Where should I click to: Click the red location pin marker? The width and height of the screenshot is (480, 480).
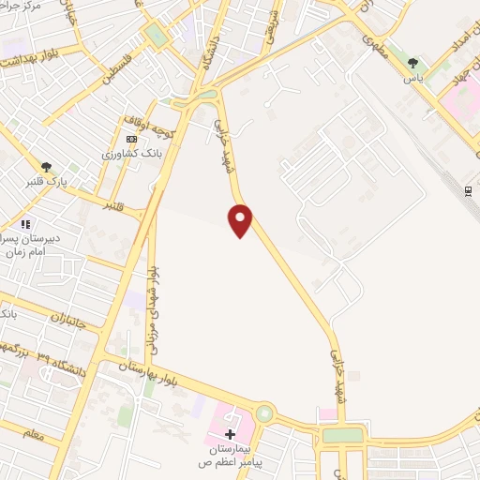240,219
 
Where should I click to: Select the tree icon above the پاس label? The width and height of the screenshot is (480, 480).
413,63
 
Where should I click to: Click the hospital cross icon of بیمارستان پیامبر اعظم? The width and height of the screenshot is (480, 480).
231,433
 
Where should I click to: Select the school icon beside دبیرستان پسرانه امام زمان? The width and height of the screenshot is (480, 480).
25,224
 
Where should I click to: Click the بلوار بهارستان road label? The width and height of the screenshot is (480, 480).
146,369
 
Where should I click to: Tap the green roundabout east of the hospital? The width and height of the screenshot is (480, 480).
265,412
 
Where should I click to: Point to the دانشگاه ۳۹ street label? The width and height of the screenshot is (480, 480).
62,360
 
